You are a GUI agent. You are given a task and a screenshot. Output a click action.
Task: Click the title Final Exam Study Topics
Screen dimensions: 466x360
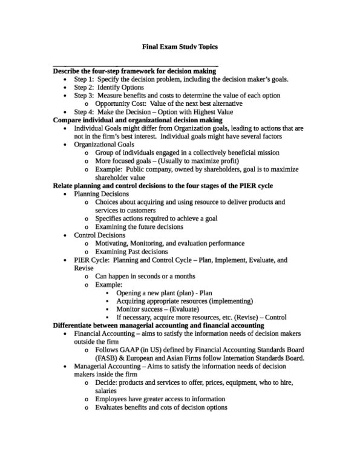click(x=180, y=45)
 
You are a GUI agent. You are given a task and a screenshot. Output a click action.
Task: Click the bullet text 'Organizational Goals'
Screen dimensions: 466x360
click(x=104, y=145)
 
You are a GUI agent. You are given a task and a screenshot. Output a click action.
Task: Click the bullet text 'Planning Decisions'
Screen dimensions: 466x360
click(x=101, y=194)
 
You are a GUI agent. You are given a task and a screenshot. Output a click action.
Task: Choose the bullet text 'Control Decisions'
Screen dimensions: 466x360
click(x=100, y=235)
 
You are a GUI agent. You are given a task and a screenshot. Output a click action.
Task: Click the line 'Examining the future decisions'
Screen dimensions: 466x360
click(x=139, y=226)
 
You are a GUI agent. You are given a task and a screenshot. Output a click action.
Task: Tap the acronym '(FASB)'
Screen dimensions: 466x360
click(x=107, y=358)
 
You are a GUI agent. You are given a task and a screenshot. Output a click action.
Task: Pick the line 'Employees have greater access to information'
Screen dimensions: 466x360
click(x=160, y=399)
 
